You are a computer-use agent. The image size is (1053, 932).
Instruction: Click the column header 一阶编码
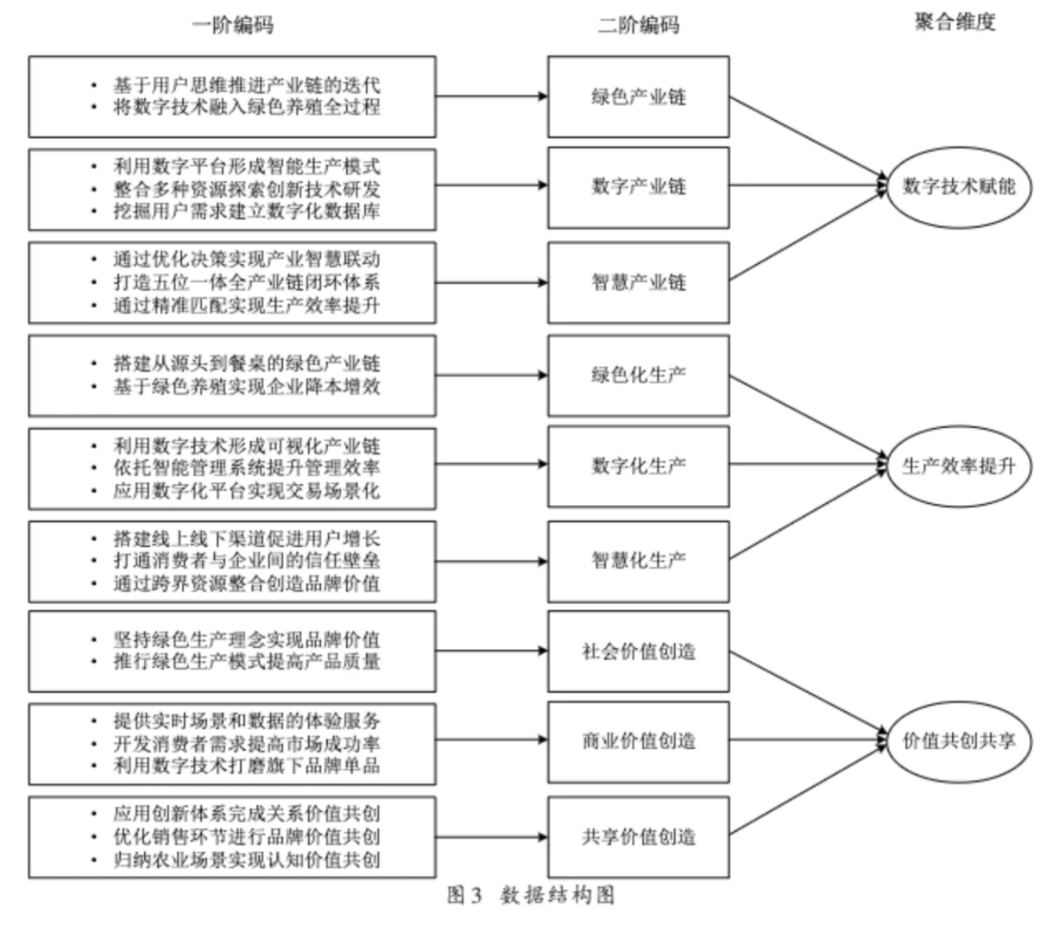click(x=232, y=25)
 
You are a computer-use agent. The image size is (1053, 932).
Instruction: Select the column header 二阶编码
click(x=638, y=25)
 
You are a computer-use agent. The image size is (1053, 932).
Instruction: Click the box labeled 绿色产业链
click(x=638, y=97)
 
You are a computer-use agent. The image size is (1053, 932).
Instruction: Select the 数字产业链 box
click(x=638, y=186)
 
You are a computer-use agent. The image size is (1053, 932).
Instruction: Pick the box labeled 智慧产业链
click(x=638, y=282)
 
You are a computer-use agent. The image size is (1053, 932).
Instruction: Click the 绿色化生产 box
click(x=638, y=375)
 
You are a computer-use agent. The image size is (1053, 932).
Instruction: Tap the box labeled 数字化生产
click(x=638, y=466)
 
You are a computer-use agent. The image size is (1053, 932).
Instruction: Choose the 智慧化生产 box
click(x=638, y=560)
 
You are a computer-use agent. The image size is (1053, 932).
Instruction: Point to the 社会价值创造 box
click(x=638, y=652)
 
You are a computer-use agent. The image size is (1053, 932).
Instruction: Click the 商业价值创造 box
click(x=638, y=740)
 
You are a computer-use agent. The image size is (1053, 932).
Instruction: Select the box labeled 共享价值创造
click(x=638, y=837)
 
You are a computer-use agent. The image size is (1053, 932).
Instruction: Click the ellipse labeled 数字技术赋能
click(x=958, y=186)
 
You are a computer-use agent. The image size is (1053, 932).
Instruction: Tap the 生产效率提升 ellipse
click(x=958, y=467)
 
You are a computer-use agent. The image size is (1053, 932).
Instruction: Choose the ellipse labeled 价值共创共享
click(x=958, y=741)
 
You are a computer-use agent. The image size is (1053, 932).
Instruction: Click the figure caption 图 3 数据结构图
click(x=530, y=896)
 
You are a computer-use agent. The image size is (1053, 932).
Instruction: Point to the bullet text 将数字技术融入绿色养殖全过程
click(x=247, y=108)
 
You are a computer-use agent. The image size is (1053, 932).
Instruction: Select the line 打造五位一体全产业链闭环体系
click(x=247, y=282)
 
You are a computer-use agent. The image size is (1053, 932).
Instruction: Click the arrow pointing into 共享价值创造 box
click(x=492, y=837)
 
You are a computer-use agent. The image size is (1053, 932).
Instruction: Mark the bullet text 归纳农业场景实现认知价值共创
click(x=247, y=860)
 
